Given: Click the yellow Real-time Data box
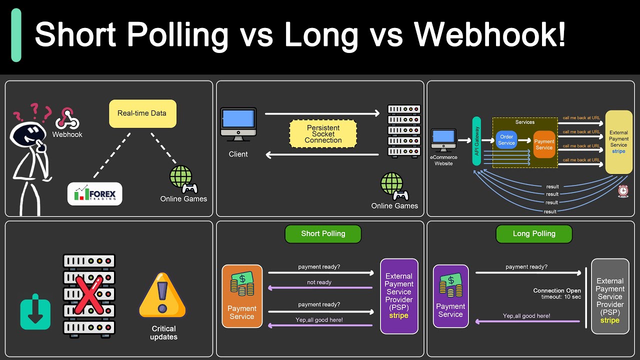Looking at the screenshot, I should pyautogui.click(x=142, y=113).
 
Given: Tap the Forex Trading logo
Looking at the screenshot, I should pyautogui.click(x=95, y=194).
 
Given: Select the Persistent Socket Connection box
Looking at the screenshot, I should pyautogui.click(x=323, y=134).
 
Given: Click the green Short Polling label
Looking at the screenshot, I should pyautogui.click(x=323, y=233).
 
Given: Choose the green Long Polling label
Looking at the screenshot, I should pyautogui.click(x=534, y=233).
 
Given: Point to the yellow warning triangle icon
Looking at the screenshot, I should pyautogui.click(x=162, y=296).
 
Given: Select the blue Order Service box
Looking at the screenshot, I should pyautogui.click(x=506, y=140).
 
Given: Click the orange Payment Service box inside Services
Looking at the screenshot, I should pyautogui.click(x=544, y=144).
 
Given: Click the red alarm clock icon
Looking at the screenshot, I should pyautogui.click(x=623, y=191).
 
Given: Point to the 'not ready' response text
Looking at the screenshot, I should pyautogui.click(x=319, y=282).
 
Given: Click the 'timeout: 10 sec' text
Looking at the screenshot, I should pyautogui.click(x=562, y=297).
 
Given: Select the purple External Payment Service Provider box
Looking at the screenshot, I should pyautogui.click(x=399, y=296).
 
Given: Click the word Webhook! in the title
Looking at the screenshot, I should pyautogui.click(x=489, y=35).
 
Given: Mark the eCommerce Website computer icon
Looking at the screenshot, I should pyautogui.click(x=443, y=140).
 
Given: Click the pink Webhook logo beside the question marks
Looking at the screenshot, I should pyautogui.click(x=67, y=118).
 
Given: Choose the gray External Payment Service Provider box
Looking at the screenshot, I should pyautogui.click(x=610, y=296).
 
